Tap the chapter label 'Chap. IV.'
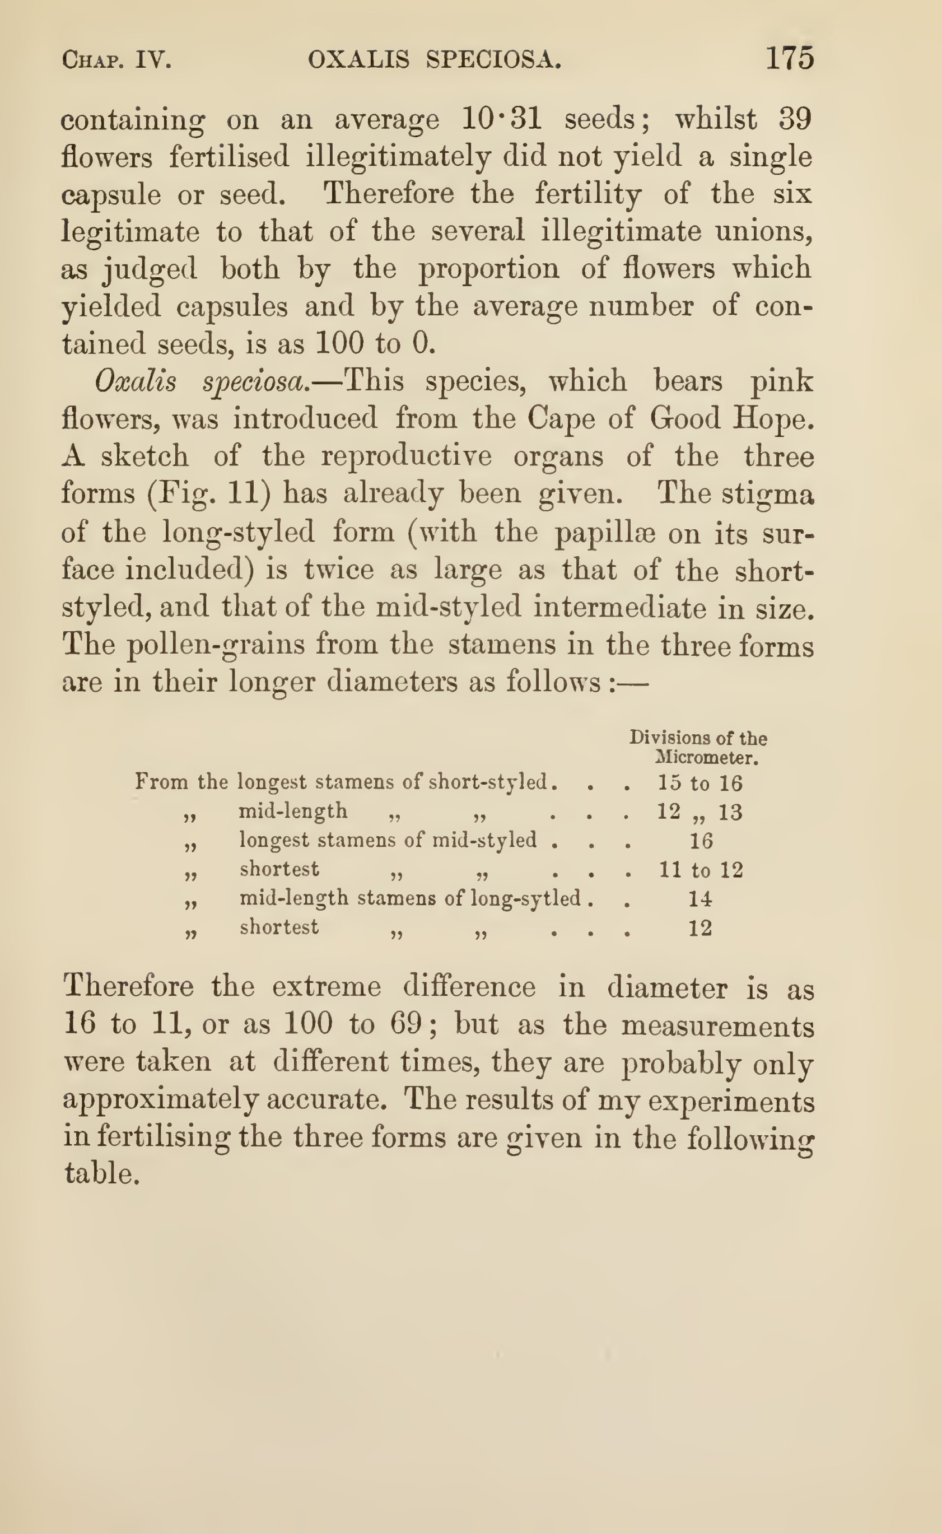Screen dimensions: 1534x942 click(x=116, y=60)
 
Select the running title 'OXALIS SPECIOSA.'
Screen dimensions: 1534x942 click(x=434, y=60)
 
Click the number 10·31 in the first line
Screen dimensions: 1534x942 click(x=502, y=118)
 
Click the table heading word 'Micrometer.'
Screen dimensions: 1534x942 click(x=707, y=758)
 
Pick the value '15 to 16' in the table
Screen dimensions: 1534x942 click(x=700, y=782)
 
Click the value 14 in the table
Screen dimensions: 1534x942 click(x=700, y=898)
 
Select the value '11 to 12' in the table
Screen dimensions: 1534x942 click(x=701, y=869)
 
